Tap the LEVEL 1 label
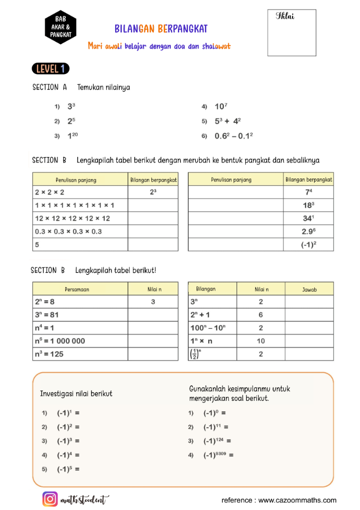pos(50,68)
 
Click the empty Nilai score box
pos(292,32)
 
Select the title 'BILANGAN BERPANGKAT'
pos(161,29)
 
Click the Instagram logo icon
pos(50,499)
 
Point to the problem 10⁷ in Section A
pos(221,107)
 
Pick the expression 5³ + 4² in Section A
pos(228,121)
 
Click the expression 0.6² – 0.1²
pos(234,136)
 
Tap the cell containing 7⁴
pos(309,192)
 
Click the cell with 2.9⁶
pos(309,232)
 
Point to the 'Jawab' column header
pos(309,289)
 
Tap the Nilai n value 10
pos(261,341)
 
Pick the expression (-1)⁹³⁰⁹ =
pos(219,455)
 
